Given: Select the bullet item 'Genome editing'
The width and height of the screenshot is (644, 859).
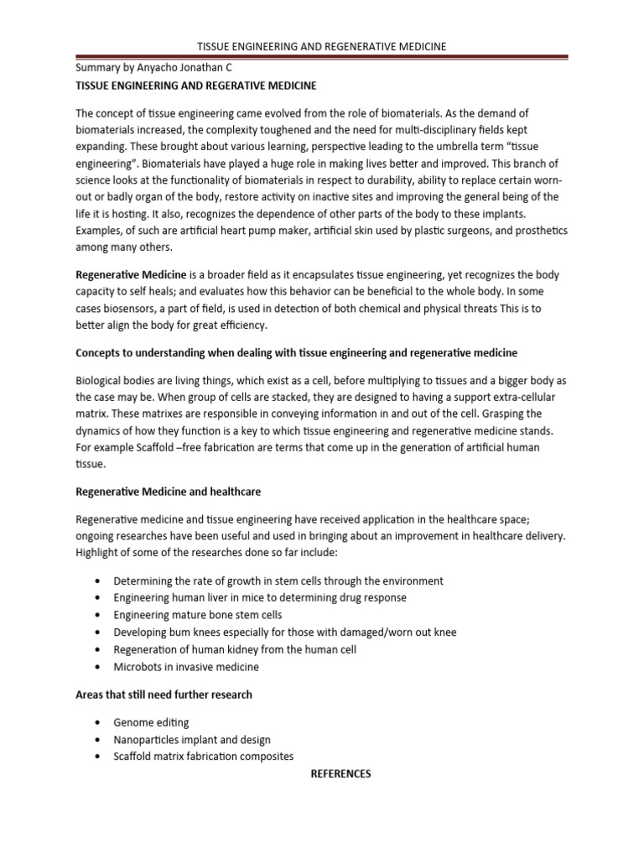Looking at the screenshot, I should (x=151, y=722).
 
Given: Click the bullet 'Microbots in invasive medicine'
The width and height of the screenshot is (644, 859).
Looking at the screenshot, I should (x=186, y=667).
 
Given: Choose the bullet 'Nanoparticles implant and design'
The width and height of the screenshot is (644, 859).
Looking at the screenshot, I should (x=192, y=740).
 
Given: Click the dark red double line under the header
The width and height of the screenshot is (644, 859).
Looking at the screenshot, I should (x=321, y=58).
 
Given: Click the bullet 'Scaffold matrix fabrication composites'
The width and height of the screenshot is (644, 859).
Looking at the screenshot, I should (x=204, y=756).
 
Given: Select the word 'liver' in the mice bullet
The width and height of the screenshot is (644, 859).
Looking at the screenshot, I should (x=216, y=598).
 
